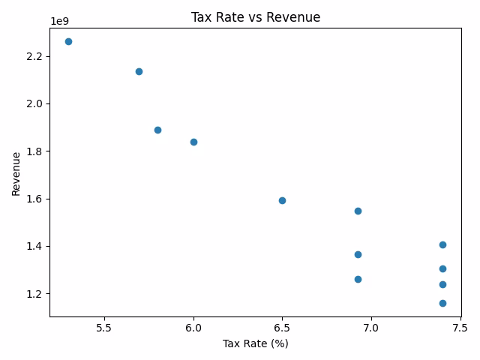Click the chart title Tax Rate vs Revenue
click(256, 16)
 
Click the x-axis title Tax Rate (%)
click(256, 344)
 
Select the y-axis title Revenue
click(16, 174)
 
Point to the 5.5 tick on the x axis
click(105, 328)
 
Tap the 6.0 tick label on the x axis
click(193, 328)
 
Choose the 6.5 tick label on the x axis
click(282, 328)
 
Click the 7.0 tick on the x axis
click(371, 328)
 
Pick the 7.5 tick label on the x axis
click(460, 328)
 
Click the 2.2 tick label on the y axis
click(34, 56)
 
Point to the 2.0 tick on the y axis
click(34, 103)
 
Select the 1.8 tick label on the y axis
click(34, 151)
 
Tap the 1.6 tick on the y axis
click(34, 199)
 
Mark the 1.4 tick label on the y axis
click(34, 246)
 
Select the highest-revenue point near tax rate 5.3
click(68, 41)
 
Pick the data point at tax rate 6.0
click(193, 142)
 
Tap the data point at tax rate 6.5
click(282, 200)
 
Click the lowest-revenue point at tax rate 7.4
click(442, 303)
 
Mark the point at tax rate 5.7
click(139, 71)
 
